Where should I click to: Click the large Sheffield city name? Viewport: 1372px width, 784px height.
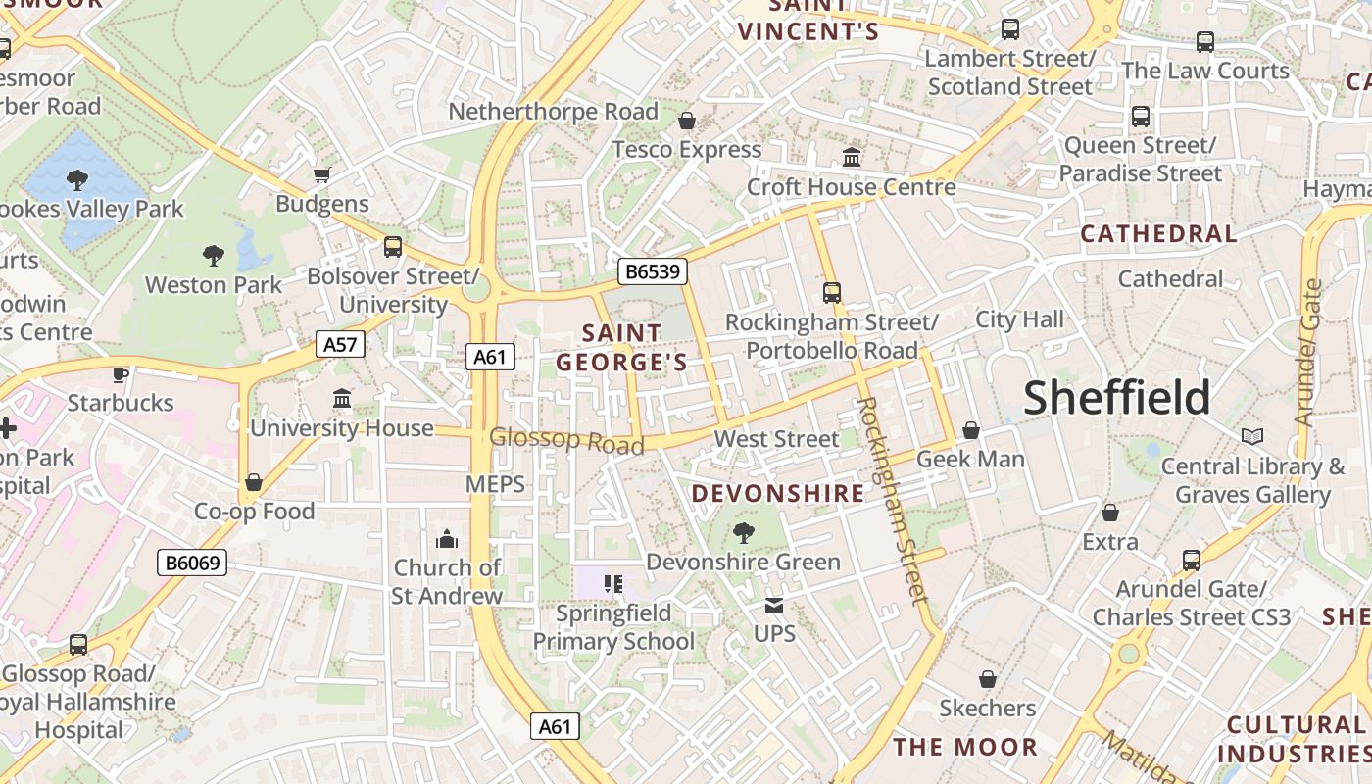(1117, 398)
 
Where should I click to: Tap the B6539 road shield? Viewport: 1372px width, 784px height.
(652, 270)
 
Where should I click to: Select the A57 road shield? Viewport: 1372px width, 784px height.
(340, 344)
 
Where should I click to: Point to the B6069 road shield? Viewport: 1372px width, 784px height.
(192, 563)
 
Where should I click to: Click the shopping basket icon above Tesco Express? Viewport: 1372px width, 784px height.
(687, 121)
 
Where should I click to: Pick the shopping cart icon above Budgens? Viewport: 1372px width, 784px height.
(321, 175)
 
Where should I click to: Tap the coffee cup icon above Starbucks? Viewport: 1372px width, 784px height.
(121, 373)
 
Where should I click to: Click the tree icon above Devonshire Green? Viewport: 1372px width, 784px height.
(743, 533)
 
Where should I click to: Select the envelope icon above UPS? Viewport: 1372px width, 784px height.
(774, 606)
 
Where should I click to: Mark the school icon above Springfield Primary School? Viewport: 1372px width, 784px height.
(613, 585)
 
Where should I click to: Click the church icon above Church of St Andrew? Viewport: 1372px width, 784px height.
(447, 539)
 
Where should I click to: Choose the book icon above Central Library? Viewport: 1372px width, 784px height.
(1251, 436)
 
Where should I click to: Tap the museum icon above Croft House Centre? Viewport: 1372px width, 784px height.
(852, 157)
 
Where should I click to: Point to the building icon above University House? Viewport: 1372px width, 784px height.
(342, 399)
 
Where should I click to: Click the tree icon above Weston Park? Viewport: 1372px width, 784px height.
(214, 256)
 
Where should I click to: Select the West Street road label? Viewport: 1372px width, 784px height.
(776, 439)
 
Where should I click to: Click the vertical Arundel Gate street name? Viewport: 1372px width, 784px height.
(1308, 353)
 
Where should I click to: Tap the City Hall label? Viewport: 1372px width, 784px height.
(1019, 319)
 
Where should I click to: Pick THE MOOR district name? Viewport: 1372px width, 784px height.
(964, 747)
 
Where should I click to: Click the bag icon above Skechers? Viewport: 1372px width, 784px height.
(988, 679)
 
